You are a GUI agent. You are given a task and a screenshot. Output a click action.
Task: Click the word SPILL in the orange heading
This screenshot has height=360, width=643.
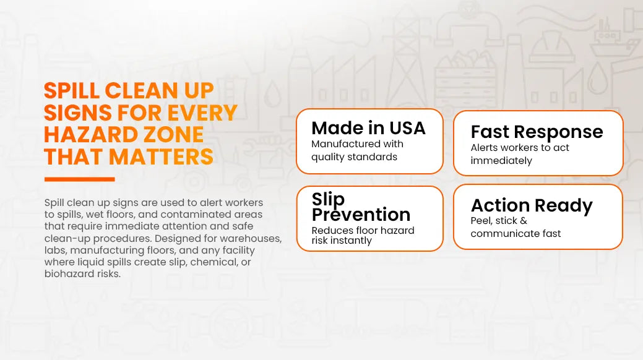coord(72,90)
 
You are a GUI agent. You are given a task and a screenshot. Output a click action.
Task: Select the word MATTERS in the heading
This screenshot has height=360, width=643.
coord(161,156)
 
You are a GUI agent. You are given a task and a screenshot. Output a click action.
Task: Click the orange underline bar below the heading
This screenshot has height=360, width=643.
coord(80,179)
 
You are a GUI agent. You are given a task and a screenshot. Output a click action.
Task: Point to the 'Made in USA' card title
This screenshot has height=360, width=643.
coord(368,128)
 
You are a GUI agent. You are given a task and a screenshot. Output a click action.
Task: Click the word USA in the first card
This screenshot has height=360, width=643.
coord(407,128)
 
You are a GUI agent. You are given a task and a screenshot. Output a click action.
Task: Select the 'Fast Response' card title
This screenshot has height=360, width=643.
coord(537,132)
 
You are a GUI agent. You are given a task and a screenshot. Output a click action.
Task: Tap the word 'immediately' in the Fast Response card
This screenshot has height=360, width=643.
coord(501,161)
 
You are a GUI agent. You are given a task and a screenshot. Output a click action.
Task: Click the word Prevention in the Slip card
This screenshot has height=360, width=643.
coord(361,215)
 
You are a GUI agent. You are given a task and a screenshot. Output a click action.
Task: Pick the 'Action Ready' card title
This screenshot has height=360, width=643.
coord(532,205)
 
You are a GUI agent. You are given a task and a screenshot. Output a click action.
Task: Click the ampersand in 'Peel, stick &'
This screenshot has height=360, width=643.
coord(524,221)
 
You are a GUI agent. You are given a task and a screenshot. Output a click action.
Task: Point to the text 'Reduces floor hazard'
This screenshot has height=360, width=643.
coord(363,231)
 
